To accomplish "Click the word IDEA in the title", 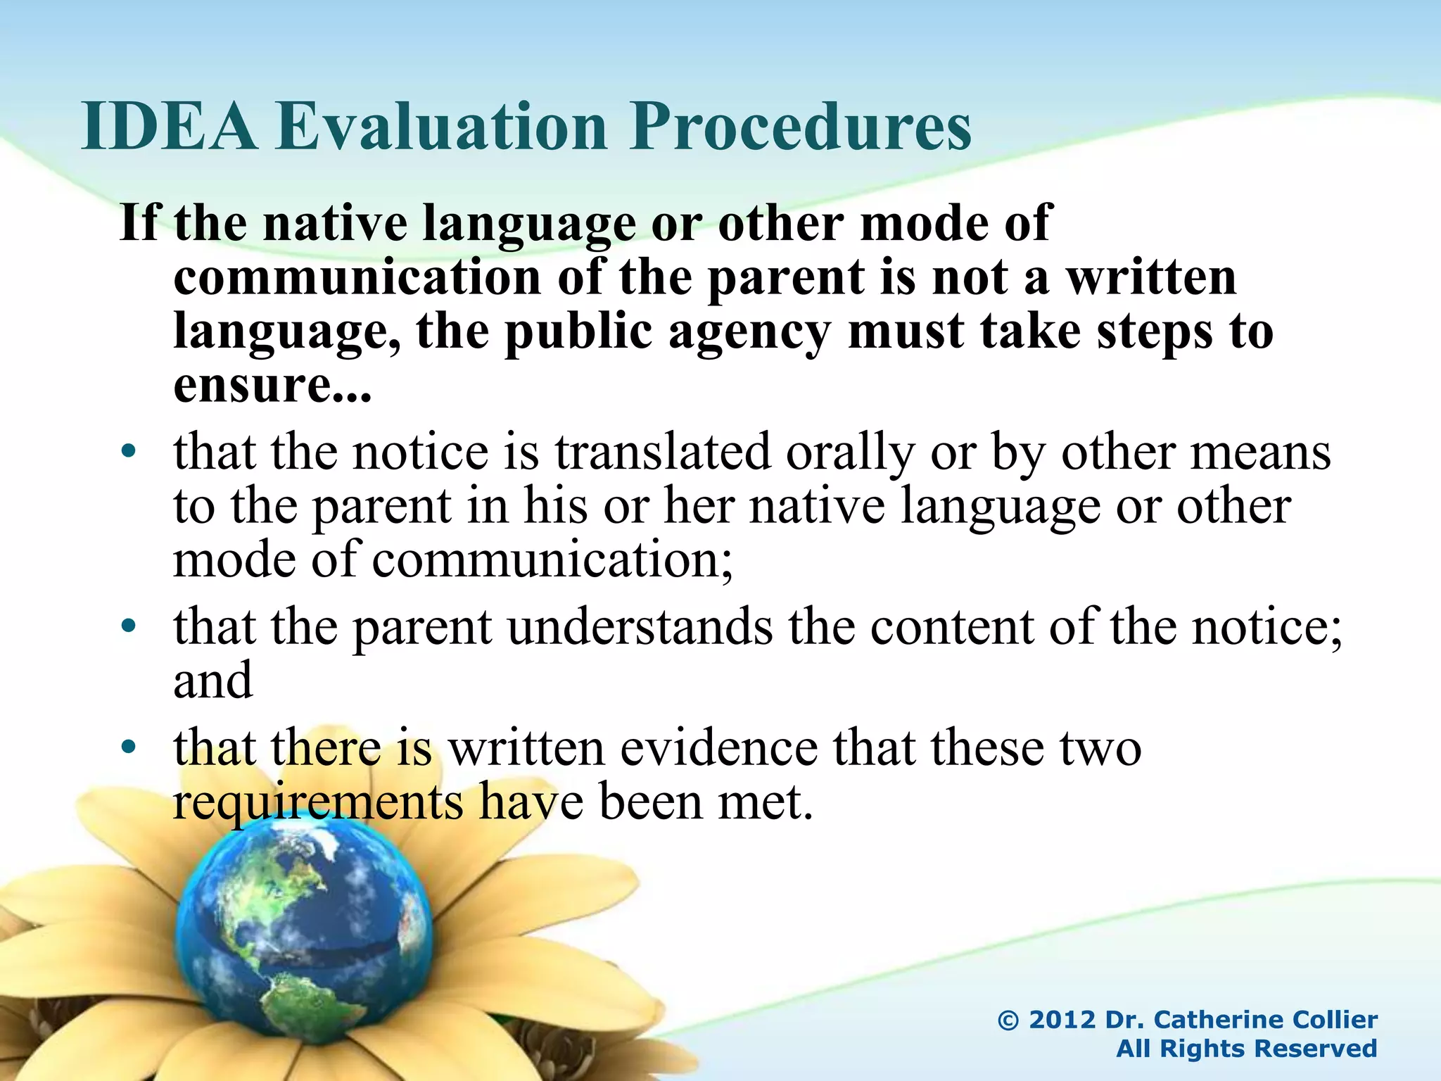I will [x=170, y=127].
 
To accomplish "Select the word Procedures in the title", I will [x=800, y=127].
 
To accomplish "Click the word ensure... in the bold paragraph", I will [x=272, y=386].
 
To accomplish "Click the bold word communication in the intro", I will [x=357, y=277].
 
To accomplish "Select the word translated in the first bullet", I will [x=662, y=452].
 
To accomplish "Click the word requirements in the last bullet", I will [x=318, y=802].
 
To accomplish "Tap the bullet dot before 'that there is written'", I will [x=128, y=747].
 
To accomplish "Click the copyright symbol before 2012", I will [x=1008, y=1020].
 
